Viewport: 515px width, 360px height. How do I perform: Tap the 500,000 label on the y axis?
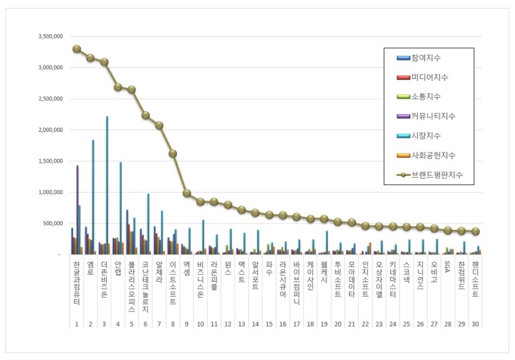coord(54,223)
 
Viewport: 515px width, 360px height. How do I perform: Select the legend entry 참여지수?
coord(426,58)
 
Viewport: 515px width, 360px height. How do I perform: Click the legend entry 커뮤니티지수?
coord(433,116)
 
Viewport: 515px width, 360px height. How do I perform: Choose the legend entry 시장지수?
coord(426,136)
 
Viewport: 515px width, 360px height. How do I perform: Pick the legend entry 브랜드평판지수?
coord(437,175)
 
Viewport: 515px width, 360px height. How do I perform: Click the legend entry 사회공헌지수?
coord(433,156)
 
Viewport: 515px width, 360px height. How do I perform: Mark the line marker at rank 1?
coord(77,49)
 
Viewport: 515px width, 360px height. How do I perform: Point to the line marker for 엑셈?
coord(187,193)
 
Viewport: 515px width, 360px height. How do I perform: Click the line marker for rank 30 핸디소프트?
coord(475,231)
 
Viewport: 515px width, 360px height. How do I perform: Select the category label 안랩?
coord(118,268)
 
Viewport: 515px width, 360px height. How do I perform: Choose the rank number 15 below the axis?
coord(269,324)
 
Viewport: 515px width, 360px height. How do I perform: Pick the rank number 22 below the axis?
coord(365,324)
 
